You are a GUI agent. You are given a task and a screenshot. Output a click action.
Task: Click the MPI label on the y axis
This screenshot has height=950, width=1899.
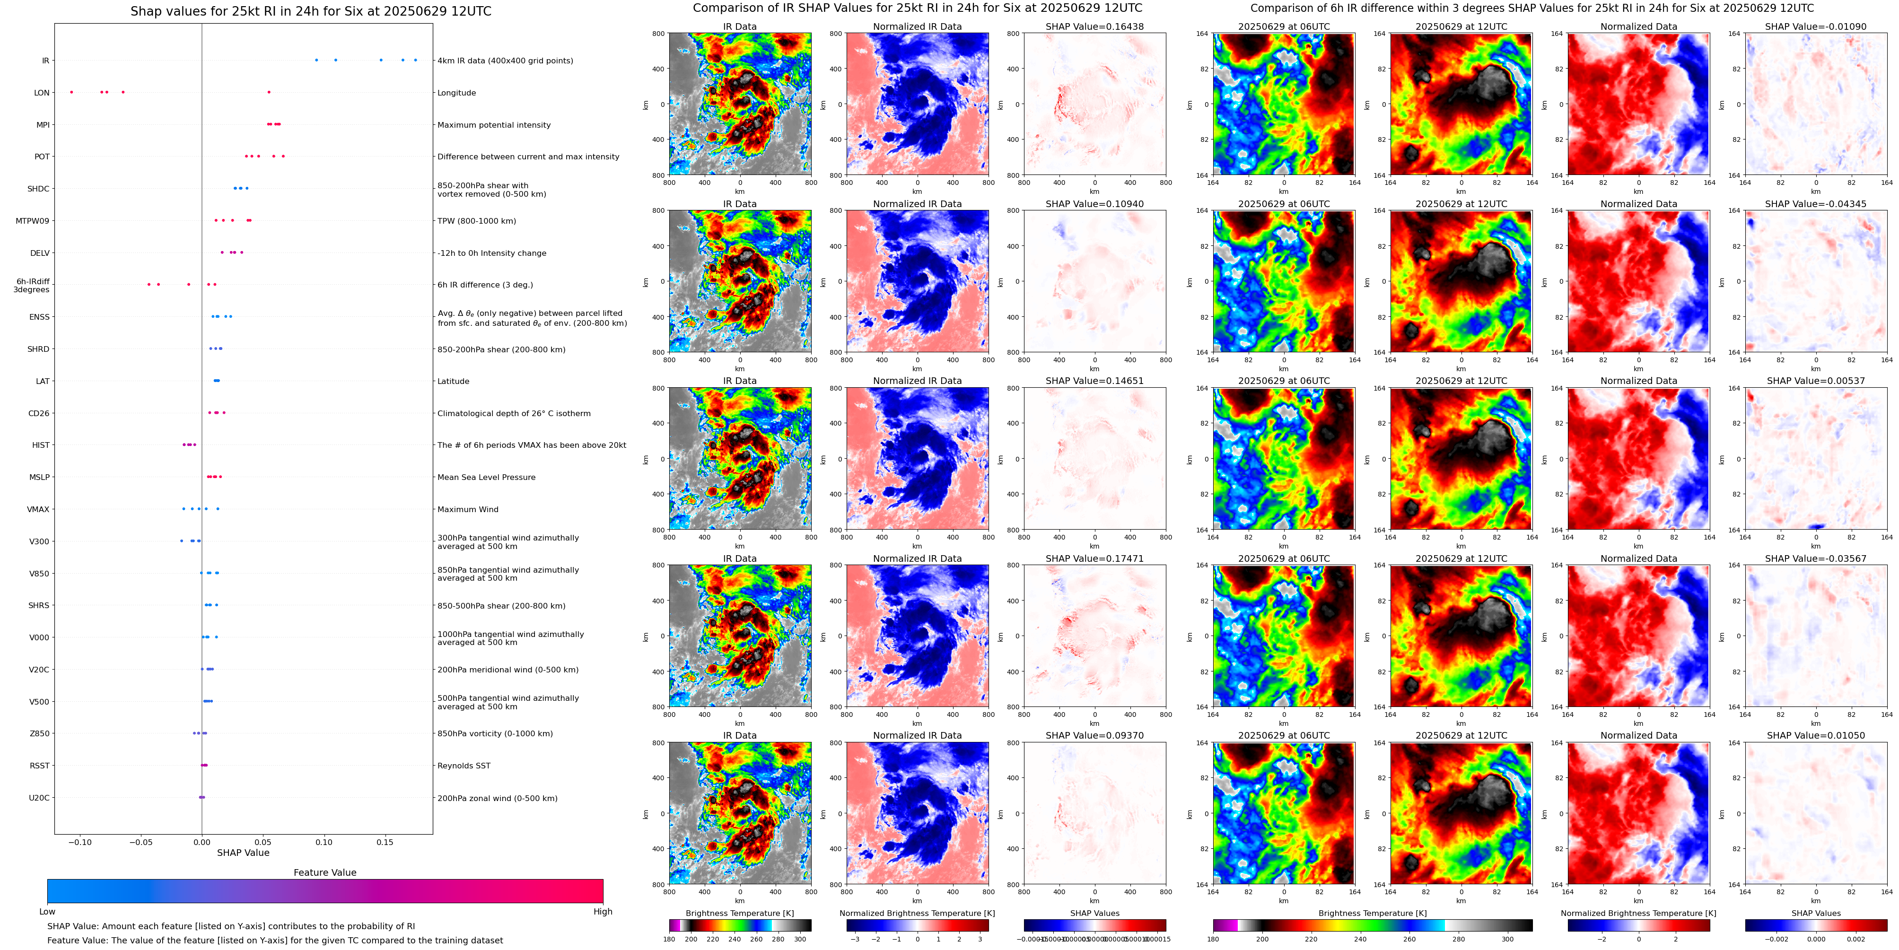43,124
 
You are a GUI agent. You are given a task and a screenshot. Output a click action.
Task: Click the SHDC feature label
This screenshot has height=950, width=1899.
38,189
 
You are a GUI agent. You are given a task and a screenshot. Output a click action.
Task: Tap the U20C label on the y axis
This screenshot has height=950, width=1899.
39,797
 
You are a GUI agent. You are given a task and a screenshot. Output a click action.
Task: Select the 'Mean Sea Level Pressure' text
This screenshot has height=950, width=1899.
487,477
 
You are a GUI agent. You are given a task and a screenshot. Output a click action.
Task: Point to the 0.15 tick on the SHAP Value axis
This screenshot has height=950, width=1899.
385,842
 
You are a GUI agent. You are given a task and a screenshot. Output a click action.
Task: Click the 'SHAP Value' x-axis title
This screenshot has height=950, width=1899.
243,853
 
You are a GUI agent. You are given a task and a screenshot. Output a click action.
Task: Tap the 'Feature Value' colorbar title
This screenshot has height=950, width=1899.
324,872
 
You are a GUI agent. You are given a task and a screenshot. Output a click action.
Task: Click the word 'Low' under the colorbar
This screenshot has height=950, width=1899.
47,912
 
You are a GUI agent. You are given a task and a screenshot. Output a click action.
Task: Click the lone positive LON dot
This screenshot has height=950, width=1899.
268,92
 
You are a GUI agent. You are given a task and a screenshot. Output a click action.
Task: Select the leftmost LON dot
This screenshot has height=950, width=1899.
71,92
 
